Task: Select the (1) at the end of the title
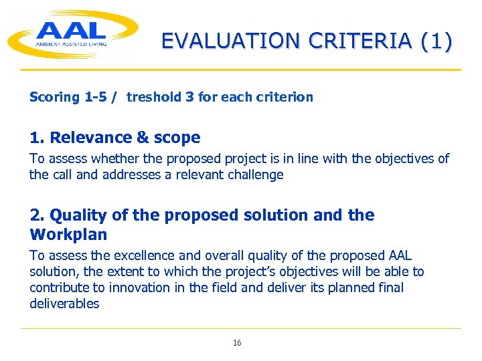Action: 436,41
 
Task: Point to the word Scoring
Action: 54,98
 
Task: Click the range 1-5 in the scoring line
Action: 96,97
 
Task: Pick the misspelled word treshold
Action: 154,97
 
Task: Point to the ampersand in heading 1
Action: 143,138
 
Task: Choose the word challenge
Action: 255,175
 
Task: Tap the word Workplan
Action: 68,235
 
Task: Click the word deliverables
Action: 64,304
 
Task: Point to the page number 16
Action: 237,343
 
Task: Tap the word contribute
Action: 56,287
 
